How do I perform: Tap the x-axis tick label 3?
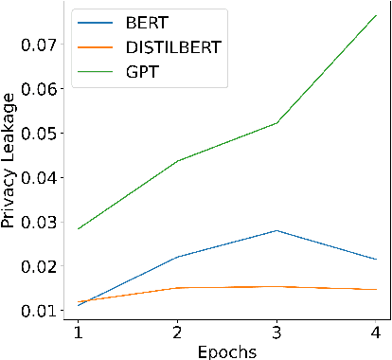point(276,333)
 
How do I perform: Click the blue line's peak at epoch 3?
point(276,230)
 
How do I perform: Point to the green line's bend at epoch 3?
point(276,124)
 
